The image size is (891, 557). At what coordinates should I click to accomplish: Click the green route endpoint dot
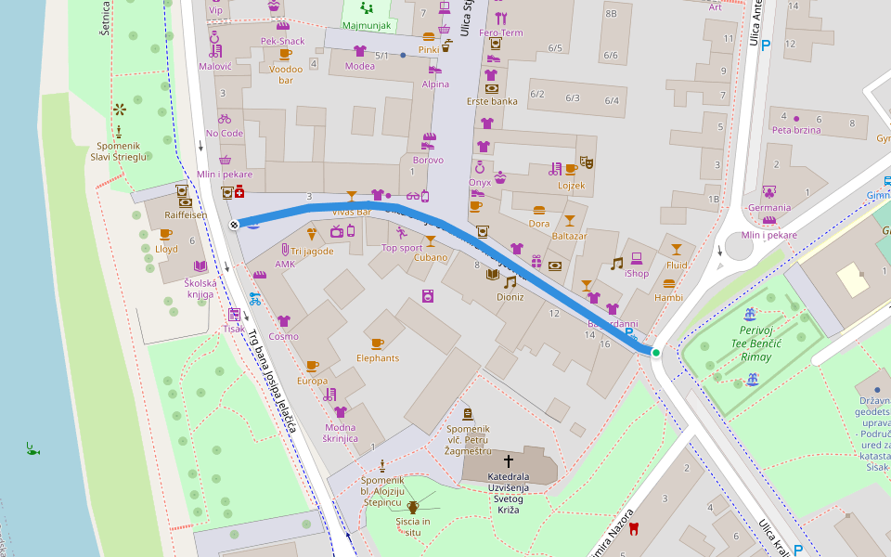(x=656, y=353)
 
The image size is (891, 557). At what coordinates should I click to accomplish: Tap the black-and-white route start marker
(x=234, y=225)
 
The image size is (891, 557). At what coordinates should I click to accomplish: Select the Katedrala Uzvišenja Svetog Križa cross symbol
(x=508, y=460)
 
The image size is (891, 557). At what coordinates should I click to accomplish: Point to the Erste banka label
(x=492, y=101)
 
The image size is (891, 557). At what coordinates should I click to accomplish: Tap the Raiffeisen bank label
(x=186, y=214)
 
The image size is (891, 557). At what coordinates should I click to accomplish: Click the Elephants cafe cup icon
(x=377, y=343)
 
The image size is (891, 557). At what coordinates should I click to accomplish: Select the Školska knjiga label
(x=199, y=288)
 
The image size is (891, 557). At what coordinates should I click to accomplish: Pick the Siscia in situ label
(x=413, y=526)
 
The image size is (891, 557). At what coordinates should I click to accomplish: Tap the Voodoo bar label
(x=286, y=74)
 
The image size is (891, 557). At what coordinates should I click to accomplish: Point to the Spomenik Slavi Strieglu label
(x=120, y=151)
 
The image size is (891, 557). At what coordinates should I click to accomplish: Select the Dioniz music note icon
(x=510, y=282)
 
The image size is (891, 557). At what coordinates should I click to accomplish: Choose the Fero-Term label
(x=501, y=32)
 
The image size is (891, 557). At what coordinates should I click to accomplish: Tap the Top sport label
(x=402, y=248)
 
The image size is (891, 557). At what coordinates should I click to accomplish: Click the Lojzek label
(x=572, y=185)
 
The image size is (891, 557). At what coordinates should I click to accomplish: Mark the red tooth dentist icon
(x=635, y=530)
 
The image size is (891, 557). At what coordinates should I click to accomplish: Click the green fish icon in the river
(x=33, y=449)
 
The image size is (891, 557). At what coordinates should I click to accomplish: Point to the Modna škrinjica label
(x=341, y=432)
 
